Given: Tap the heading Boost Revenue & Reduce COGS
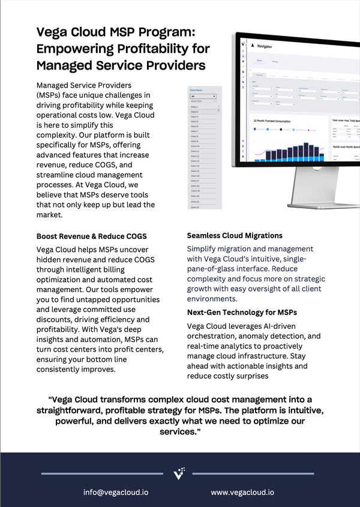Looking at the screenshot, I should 92,236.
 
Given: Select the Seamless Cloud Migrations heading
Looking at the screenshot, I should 235,236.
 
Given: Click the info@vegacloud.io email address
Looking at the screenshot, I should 116,492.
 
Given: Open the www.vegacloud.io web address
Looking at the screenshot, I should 242,492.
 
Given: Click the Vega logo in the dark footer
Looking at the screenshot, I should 179,473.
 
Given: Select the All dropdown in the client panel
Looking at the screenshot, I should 203,97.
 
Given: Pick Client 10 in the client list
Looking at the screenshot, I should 195,146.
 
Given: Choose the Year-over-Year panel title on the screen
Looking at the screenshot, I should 345,121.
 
